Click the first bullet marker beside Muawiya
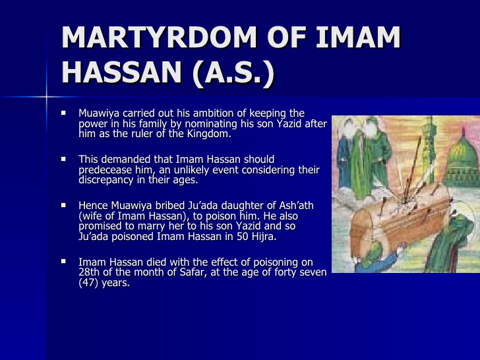(x=64, y=113)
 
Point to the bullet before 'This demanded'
(x=64, y=159)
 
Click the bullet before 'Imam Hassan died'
(x=64, y=262)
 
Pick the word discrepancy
(x=107, y=180)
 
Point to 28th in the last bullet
(x=90, y=273)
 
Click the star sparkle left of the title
(x=47, y=97)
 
